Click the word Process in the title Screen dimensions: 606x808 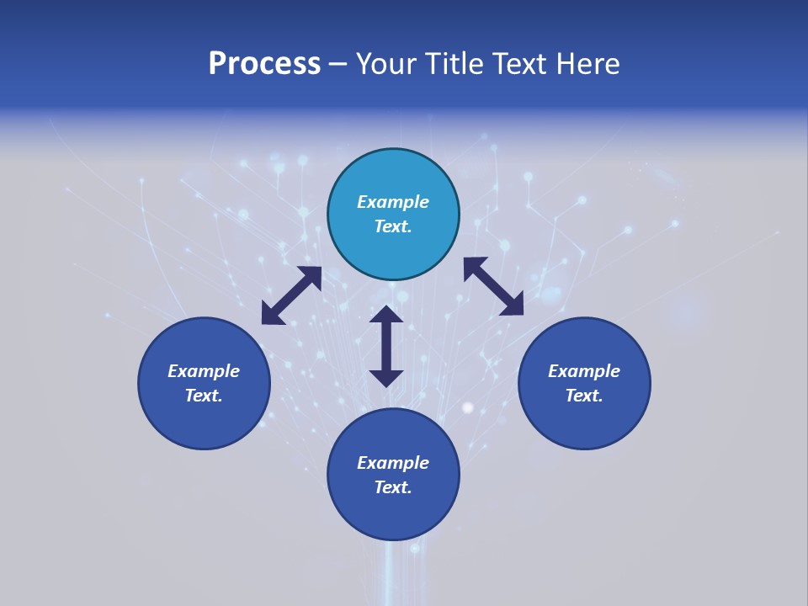click(264, 64)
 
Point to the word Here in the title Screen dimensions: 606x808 click(588, 64)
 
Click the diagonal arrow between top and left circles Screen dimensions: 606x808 click(291, 295)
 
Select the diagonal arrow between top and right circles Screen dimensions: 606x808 click(493, 286)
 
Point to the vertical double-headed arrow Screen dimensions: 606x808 click(386, 346)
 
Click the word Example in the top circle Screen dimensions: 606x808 click(393, 202)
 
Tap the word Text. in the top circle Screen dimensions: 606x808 click(393, 226)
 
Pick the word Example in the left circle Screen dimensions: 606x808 click(204, 371)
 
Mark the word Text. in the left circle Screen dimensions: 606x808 click(204, 396)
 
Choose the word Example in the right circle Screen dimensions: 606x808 click(584, 371)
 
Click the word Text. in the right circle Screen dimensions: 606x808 click(584, 396)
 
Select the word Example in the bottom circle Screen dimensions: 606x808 click(393, 463)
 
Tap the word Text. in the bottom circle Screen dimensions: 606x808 click(393, 487)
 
